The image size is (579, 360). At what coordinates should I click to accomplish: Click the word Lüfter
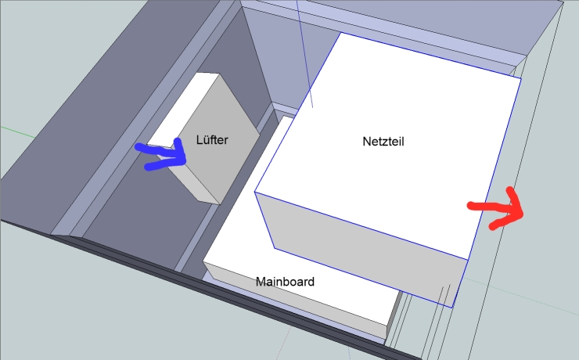point(212,139)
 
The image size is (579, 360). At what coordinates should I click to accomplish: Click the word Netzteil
point(383,142)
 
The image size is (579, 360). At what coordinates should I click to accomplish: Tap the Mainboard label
point(285,282)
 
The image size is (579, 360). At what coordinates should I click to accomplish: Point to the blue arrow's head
point(180,153)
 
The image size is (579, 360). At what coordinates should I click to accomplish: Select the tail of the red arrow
point(471,205)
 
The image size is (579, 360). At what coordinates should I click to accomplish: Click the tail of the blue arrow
point(138,147)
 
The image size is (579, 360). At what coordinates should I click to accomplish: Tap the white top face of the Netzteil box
point(388,144)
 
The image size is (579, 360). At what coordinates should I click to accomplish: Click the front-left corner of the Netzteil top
point(255,192)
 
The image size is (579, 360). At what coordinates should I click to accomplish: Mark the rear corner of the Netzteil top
point(340,33)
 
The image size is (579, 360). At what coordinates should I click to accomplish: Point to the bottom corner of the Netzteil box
point(452,308)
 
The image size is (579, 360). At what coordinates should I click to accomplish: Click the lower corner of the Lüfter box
point(220,204)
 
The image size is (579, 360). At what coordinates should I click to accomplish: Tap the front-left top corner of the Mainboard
point(203,262)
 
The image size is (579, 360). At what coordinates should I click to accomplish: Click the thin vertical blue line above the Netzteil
point(304,53)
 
